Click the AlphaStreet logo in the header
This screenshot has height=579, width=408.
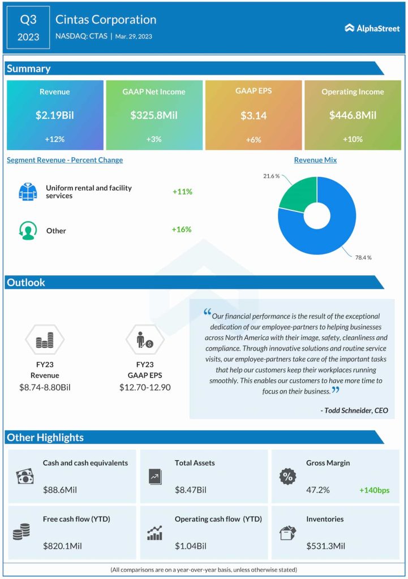pyautogui.click(x=371, y=28)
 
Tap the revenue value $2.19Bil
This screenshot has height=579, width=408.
pyautogui.click(x=55, y=115)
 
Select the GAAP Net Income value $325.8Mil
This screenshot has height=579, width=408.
pyautogui.click(x=154, y=115)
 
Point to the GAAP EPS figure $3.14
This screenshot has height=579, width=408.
pyautogui.click(x=253, y=115)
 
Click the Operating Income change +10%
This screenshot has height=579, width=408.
pyautogui.click(x=352, y=139)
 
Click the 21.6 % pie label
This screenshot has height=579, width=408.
pyautogui.click(x=271, y=176)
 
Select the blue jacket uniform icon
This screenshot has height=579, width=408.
pyautogui.click(x=27, y=192)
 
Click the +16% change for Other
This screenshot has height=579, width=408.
pyautogui.click(x=182, y=230)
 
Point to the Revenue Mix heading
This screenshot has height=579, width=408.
pyautogui.click(x=315, y=160)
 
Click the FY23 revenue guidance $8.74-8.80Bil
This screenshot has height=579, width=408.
pyautogui.click(x=45, y=387)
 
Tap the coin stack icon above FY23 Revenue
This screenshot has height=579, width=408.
pyautogui.click(x=45, y=340)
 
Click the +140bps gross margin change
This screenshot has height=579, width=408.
pyautogui.click(x=374, y=490)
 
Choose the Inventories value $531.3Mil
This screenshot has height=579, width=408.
pyautogui.click(x=325, y=546)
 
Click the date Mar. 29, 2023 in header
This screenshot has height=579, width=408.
pyautogui.click(x=133, y=37)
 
